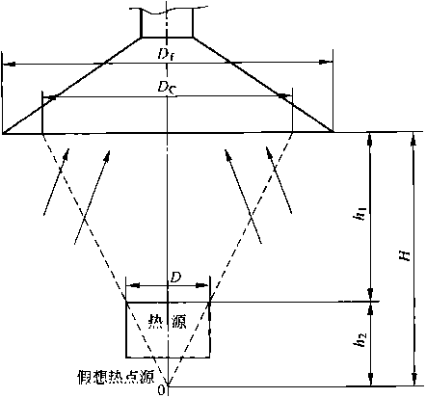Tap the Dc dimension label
click(167, 87)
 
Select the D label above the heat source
click(176, 278)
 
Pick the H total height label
click(406, 255)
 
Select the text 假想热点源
click(117, 377)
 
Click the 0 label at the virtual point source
click(161, 389)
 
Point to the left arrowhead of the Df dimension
click(9, 65)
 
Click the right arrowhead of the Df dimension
click(326, 62)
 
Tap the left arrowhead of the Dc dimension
click(49, 97)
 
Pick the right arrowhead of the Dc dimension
click(285, 95)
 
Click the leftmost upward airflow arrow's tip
click(67, 148)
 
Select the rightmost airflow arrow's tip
click(267, 146)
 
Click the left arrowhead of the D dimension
click(133, 285)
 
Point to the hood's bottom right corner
click(333, 132)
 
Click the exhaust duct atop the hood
click(167, 22)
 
